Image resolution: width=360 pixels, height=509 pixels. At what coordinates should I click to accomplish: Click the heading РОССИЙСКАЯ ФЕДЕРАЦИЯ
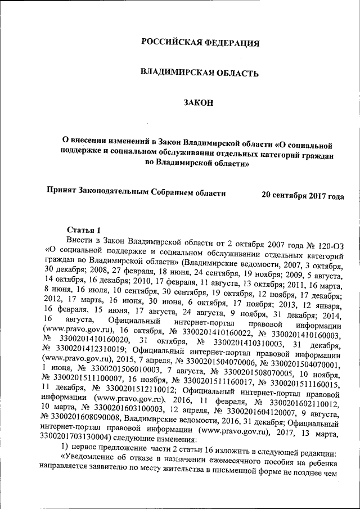pyautogui.click(x=200, y=43)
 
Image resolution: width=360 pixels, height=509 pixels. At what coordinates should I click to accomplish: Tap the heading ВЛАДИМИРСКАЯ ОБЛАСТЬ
pyautogui.click(x=199, y=73)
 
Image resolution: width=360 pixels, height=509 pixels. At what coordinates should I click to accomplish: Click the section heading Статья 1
pyautogui.click(x=84, y=230)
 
